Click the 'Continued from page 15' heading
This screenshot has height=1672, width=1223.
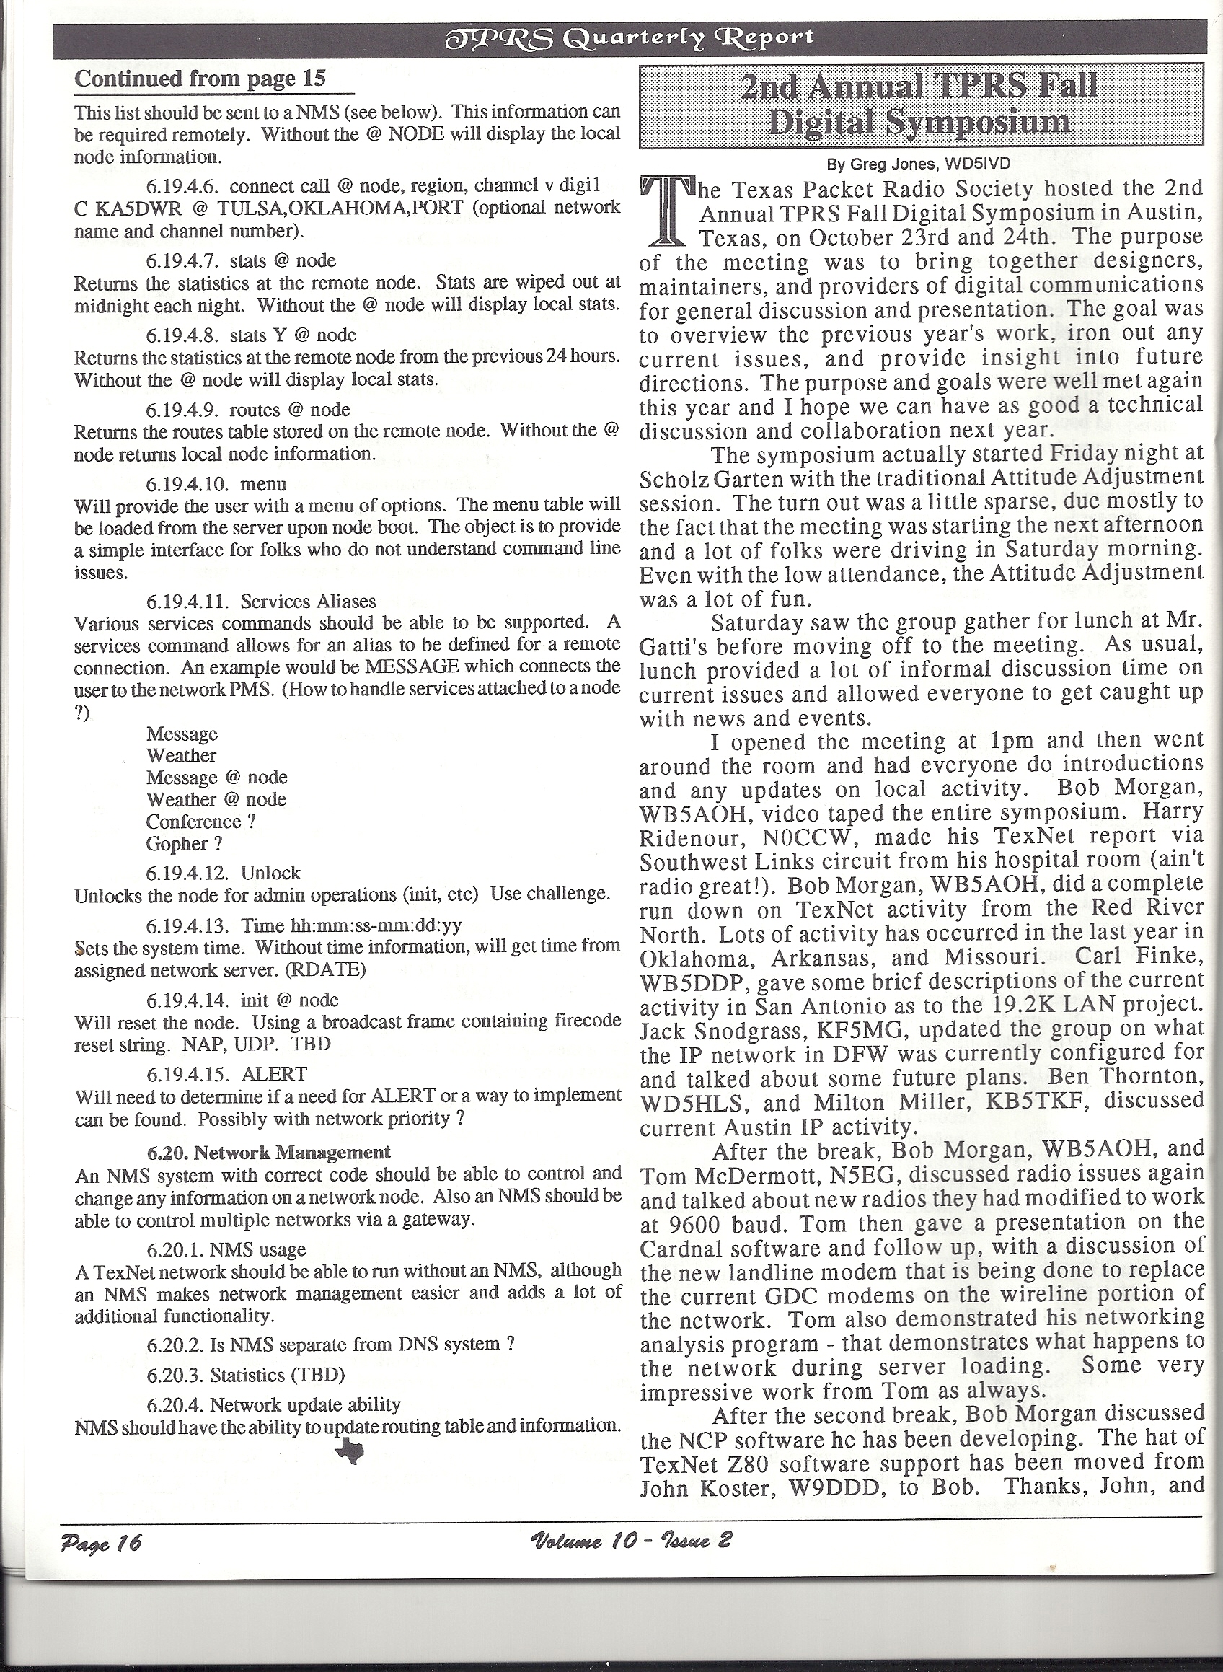[x=200, y=79]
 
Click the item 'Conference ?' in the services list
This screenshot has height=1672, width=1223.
[x=200, y=822]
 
